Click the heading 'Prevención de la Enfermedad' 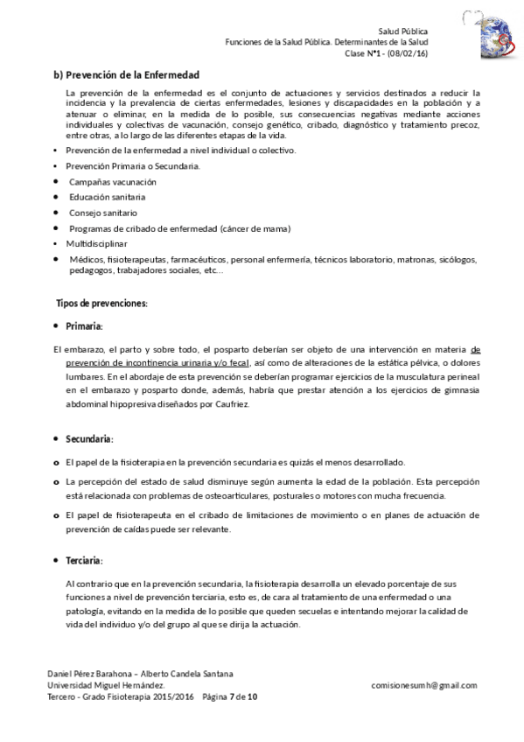point(133,75)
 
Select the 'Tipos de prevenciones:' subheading point(101,304)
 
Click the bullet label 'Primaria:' point(84,326)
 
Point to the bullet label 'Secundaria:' point(89,438)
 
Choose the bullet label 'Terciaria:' point(84,560)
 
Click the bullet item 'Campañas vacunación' point(113,181)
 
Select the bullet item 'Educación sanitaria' point(108,197)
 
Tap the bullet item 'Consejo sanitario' point(103,213)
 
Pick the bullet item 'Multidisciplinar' point(96,243)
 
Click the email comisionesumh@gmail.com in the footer point(423,685)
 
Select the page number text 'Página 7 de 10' point(229,697)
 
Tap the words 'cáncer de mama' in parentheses point(257,228)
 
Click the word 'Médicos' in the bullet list point(87,260)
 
